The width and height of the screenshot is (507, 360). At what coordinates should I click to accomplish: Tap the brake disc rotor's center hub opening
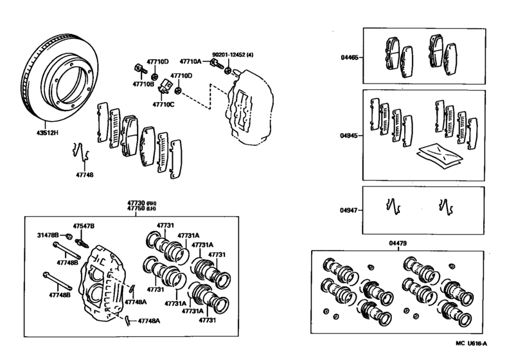69,82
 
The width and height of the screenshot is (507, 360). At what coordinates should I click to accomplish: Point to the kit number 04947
349,210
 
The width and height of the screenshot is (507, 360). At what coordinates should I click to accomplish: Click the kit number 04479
398,243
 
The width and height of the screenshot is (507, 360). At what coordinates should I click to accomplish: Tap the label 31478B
47,235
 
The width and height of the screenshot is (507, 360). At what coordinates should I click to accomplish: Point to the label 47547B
83,227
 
